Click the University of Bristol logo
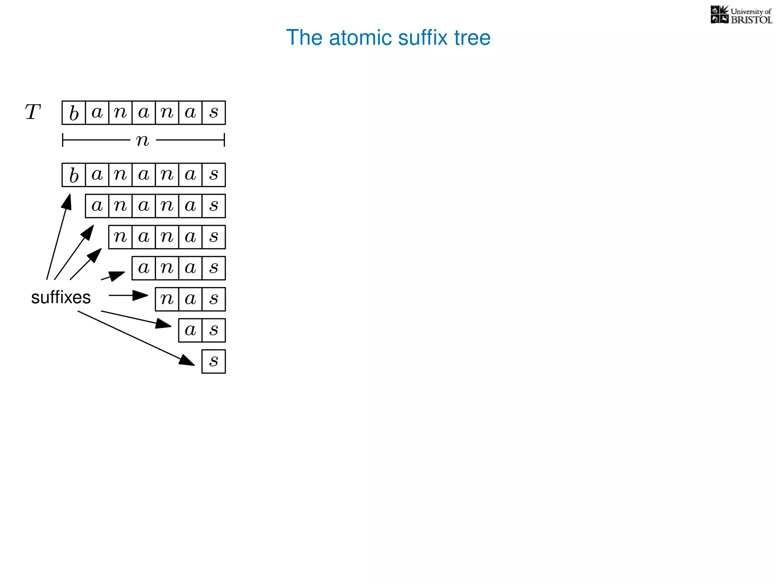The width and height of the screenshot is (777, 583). pos(741,15)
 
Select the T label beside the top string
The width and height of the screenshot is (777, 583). pos(33,112)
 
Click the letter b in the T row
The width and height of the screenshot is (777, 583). pos(74,113)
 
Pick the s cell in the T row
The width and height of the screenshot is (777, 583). pos(214,113)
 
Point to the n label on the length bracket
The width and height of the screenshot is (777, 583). pos(143,140)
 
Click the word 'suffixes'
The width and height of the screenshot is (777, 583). pos(61,297)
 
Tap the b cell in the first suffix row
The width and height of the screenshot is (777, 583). pos(74,175)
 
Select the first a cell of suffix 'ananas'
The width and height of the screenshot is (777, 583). pos(97,206)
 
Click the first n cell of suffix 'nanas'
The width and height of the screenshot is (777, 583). pos(120,237)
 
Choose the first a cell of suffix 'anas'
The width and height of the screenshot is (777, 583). pos(143,268)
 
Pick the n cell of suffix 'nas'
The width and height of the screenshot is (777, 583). pos(167,299)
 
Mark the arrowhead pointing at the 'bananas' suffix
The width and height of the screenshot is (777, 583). pos(68,201)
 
